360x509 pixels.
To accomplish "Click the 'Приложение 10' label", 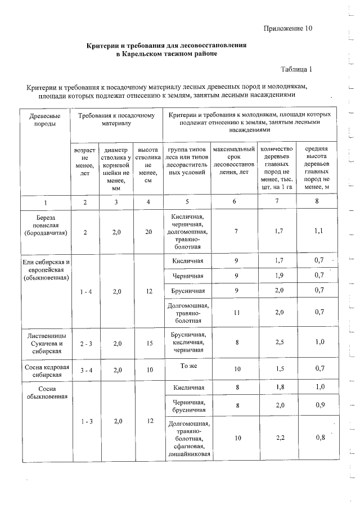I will [287, 27].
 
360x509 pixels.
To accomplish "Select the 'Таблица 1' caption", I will [296, 69].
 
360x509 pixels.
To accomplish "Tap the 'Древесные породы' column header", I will [45, 119].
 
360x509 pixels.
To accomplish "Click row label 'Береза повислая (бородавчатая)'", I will [46, 224].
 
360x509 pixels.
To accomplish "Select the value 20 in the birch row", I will [148, 231].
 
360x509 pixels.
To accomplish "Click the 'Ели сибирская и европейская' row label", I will [45, 270].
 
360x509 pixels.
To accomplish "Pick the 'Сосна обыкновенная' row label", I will [46, 392].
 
